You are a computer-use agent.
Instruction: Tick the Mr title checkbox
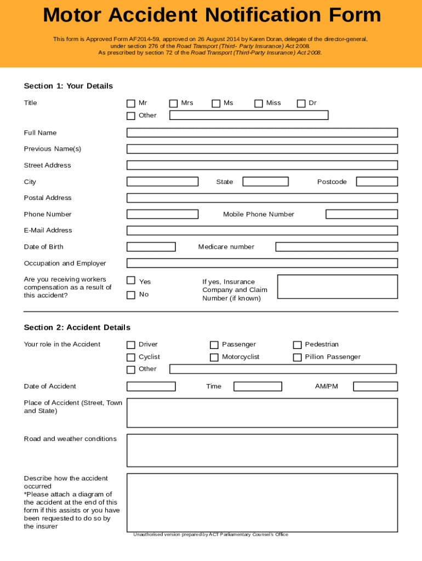coord(130,104)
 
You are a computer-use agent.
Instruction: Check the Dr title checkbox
coord(301,104)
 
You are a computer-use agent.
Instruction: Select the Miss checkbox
coord(258,104)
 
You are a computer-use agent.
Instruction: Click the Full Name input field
coord(262,133)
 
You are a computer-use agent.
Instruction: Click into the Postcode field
coord(377,182)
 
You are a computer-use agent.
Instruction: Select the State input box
coord(265,182)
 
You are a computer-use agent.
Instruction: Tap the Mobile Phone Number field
coord(361,214)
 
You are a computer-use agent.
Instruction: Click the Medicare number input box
coord(336,247)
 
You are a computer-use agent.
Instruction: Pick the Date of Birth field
coord(151,247)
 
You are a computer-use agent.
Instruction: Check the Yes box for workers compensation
coord(130,280)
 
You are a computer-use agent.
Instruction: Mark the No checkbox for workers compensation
coord(130,295)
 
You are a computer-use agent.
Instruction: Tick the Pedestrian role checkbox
coord(297,345)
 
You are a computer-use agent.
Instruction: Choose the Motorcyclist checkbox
coord(214,357)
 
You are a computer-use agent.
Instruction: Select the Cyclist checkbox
coord(130,357)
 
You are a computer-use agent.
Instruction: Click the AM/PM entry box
coord(375,387)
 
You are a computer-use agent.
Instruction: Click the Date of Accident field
coord(151,387)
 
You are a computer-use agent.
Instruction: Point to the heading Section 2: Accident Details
coord(77,328)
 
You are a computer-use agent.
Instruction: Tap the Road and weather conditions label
coord(70,439)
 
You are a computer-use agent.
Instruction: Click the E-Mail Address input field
coord(262,231)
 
